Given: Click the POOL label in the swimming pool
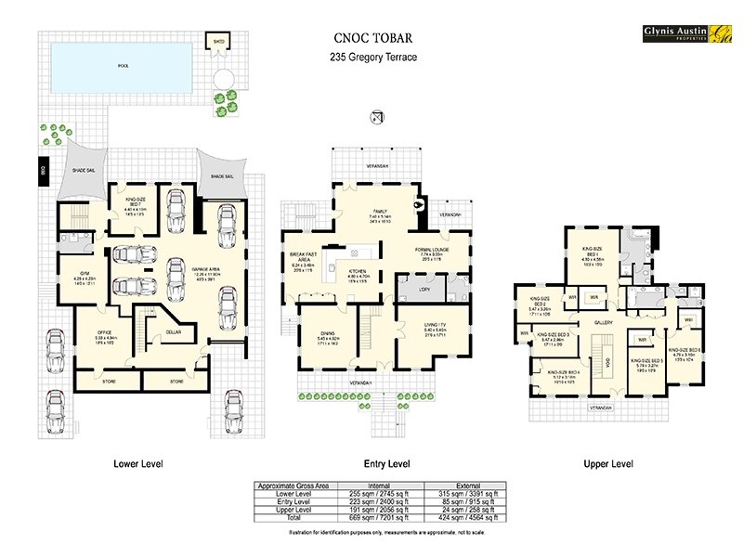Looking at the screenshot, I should pos(124,66).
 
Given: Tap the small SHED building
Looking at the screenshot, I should pos(219,43).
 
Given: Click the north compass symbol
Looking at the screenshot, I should pos(377,116).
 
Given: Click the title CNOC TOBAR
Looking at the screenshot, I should pos(373,39).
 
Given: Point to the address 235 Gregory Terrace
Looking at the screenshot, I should pos(373,58).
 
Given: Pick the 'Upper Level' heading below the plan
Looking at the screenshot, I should pos(608,463).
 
